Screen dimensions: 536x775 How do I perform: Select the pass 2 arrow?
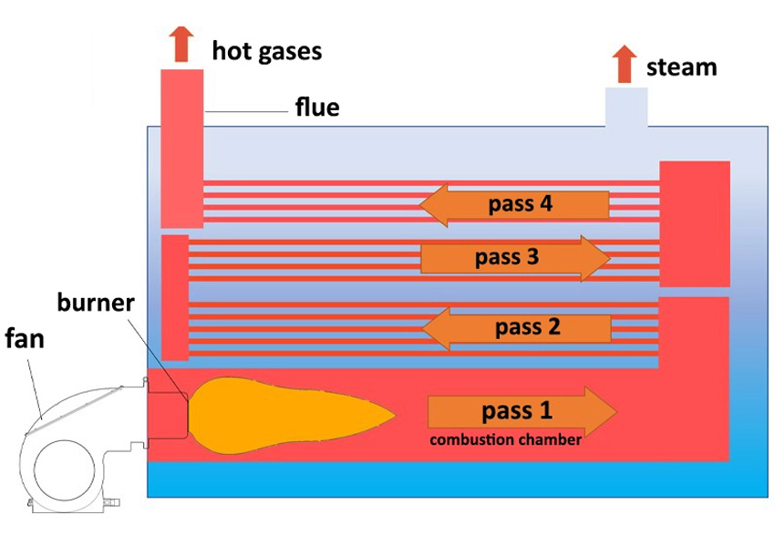[516, 327]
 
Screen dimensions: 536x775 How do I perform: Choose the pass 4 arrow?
[514, 204]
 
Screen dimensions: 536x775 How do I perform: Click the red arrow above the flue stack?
[182, 44]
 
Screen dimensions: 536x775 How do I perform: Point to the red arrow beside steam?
[625, 64]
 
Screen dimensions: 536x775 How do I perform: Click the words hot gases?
[266, 50]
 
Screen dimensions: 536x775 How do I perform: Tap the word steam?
[681, 67]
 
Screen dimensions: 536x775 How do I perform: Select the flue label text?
[316, 108]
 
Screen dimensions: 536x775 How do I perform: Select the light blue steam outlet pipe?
[626, 107]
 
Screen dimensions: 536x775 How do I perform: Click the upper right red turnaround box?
[694, 223]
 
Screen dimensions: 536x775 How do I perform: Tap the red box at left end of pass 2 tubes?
[175, 297]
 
